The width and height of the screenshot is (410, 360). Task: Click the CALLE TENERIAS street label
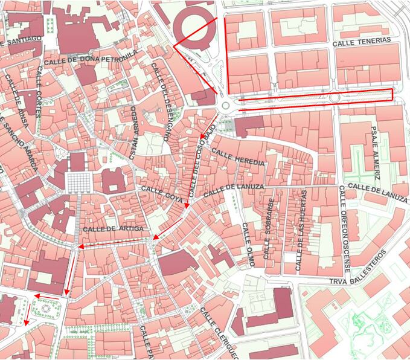[x=362, y=41]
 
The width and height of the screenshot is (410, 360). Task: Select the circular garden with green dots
[x=45, y=307]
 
